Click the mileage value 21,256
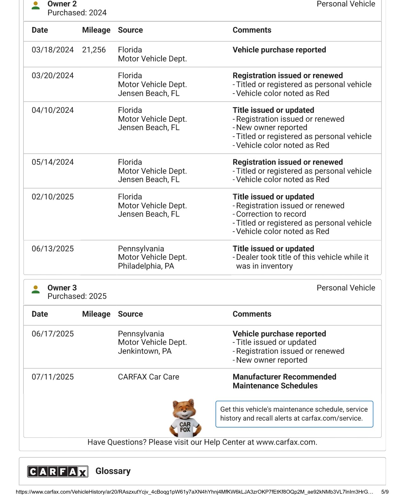click(94, 50)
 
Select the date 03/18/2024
click(53, 50)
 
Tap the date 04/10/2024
click(53, 110)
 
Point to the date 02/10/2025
click(53, 197)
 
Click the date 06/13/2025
click(53, 249)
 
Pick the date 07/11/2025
click(53, 377)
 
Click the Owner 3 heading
click(62, 288)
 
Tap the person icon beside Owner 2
click(36, 5)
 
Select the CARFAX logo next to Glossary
click(58, 471)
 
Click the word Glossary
click(113, 471)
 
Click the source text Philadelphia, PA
click(146, 266)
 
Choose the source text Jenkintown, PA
click(144, 351)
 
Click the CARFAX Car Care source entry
click(148, 377)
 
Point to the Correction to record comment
click(271, 214)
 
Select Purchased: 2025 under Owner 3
click(77, 296)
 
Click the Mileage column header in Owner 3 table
click(96, 314)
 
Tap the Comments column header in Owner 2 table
click(252, 30)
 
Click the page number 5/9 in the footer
click(385, 492)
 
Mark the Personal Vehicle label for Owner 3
click(346, 288)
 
